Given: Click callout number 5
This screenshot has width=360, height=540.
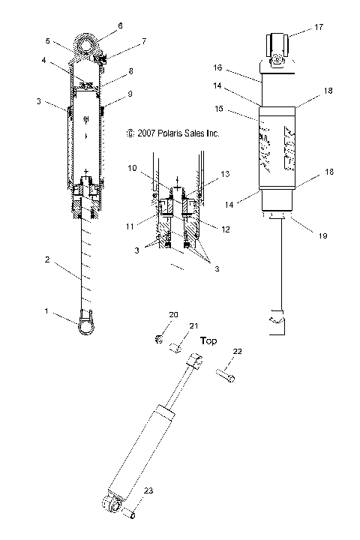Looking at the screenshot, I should (x=47, y=40).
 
